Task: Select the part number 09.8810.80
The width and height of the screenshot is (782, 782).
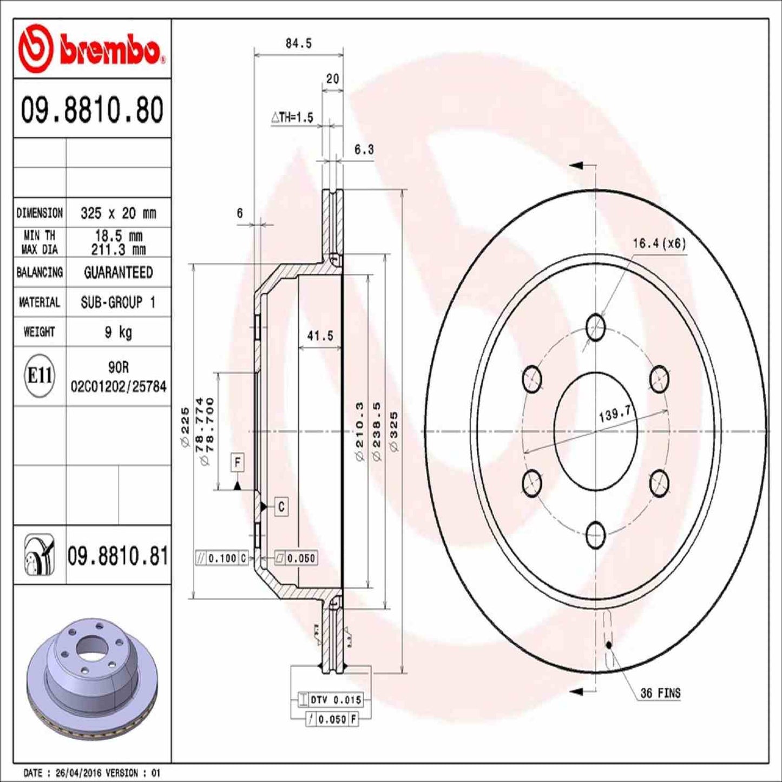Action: click(92, 110)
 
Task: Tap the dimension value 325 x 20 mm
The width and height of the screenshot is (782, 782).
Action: click(118, 213)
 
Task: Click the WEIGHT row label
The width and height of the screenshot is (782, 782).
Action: click(39, 332)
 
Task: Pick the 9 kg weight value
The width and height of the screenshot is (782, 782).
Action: click(118, 332)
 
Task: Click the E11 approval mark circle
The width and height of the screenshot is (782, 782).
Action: click(40, 375)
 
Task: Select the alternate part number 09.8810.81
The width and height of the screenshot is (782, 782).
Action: click(118, 556)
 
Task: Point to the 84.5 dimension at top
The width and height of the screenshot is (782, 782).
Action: click(299, 43)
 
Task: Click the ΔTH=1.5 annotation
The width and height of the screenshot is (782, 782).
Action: click(292, 117)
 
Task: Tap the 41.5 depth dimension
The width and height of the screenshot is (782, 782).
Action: click(320, 336)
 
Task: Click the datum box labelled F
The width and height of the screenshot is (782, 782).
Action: click(237, 463)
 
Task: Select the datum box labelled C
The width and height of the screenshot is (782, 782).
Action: click(281, 507)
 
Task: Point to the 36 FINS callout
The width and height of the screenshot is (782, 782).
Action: click(660, 693)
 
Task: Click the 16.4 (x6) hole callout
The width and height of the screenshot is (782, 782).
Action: click(659, 244)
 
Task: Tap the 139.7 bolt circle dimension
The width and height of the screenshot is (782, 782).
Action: click(615, 415)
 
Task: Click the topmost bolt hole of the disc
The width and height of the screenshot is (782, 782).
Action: click(595, 327)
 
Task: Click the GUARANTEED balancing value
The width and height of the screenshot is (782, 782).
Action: click(118, 272)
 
